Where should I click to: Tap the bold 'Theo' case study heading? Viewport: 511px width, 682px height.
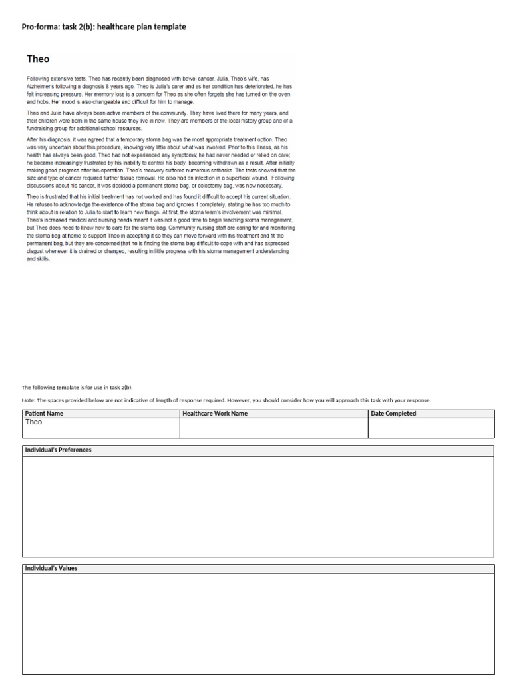(x=38, y=59)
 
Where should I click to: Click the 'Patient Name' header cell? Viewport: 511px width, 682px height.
(x=44, y=414)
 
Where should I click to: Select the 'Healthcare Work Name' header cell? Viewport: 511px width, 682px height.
(x=215, y=414)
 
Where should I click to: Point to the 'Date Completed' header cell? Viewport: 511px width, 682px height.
(x=393, y=414)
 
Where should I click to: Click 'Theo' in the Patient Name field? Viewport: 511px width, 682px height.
(x=33, y=422)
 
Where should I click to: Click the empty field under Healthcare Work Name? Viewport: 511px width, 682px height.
(x=273, y=428)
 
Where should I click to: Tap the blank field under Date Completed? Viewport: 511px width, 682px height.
(x=430, y=428)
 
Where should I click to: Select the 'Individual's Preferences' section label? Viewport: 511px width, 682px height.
(x=59, y=450)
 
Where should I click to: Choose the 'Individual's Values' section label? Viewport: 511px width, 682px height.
(x=51, y=568)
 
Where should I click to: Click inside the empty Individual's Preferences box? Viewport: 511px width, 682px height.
(x=258, y=506)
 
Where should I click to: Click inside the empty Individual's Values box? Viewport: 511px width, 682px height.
(x=258, y=623)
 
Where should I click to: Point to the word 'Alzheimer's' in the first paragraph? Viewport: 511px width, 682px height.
(x=41, y=87)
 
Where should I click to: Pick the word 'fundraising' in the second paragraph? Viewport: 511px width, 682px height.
(x=40, y=128)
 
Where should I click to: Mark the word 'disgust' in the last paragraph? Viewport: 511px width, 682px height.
(x=37, y=252)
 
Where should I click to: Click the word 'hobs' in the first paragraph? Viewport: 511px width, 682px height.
(x=41, y=103)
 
